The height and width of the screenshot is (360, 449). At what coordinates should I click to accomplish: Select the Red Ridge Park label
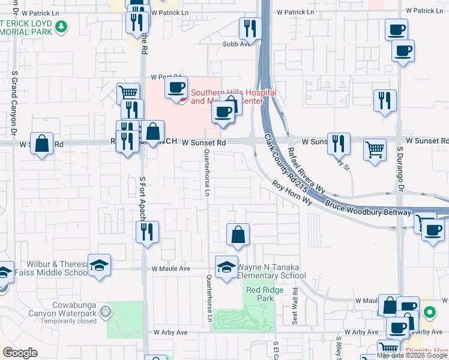(x=260, y=294)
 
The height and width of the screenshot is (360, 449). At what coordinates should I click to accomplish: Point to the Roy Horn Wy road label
(x=292, y=194)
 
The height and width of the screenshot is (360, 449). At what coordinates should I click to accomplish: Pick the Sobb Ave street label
(x=236, y=44)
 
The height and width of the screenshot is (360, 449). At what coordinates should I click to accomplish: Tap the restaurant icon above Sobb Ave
(x=249, y=28)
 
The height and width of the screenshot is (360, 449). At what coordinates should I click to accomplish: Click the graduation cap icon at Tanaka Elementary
(x=226, y=266)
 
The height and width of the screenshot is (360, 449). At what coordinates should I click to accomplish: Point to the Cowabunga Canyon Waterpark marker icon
(x=106, y=311)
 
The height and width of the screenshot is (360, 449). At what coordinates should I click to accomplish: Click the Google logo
(x=20, y=353)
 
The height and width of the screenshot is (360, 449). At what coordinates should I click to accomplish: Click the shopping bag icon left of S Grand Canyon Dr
(x=41, y=143)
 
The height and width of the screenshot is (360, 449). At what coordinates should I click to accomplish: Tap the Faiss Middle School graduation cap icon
(x=99, y=265)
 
